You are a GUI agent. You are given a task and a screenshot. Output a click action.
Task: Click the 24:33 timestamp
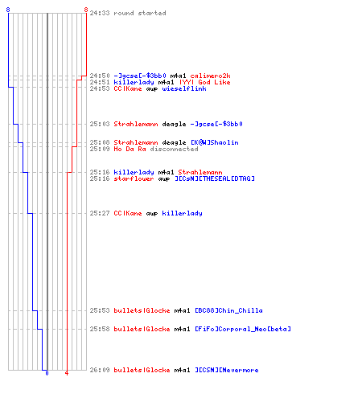(x=100, y=13)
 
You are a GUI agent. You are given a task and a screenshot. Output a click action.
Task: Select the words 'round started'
(x=140, y=13)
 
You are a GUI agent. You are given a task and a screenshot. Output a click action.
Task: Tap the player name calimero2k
(x=210, y=76)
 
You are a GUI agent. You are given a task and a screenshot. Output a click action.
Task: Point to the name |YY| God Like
(x=205, y=82)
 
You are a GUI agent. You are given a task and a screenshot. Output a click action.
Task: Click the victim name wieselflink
(x=184, y=88)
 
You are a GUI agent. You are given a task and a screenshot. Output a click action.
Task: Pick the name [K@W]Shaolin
(x=215, y=142)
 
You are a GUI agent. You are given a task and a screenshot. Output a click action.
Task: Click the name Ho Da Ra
(x=130, y=149)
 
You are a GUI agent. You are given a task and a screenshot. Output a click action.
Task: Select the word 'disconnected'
(x=174, y=149)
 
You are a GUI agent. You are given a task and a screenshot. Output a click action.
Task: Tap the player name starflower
(x=134, y=178)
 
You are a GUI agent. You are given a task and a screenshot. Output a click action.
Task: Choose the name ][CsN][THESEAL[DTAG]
(x=215, y=178)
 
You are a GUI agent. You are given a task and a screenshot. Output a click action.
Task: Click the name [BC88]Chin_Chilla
(x=228, y=310)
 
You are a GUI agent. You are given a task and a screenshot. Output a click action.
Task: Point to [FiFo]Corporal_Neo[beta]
(x=243, y=329)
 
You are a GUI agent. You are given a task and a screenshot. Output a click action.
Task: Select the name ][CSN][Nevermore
(x=227, y=370)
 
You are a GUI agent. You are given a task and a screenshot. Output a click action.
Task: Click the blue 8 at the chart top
(x=8, y=10)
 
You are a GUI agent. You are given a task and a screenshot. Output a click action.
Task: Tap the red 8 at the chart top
(x=86, y=10)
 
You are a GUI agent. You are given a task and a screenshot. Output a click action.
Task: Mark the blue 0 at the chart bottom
(x=47, y=373)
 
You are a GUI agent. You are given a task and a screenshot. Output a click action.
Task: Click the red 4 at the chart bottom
(x=67, y=373)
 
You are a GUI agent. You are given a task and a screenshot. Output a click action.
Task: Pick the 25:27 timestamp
(x=100, y=213)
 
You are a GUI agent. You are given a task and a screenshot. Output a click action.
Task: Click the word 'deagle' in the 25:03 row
(x=174, y=124)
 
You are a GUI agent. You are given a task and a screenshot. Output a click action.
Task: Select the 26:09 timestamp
(x=100, y=370)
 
